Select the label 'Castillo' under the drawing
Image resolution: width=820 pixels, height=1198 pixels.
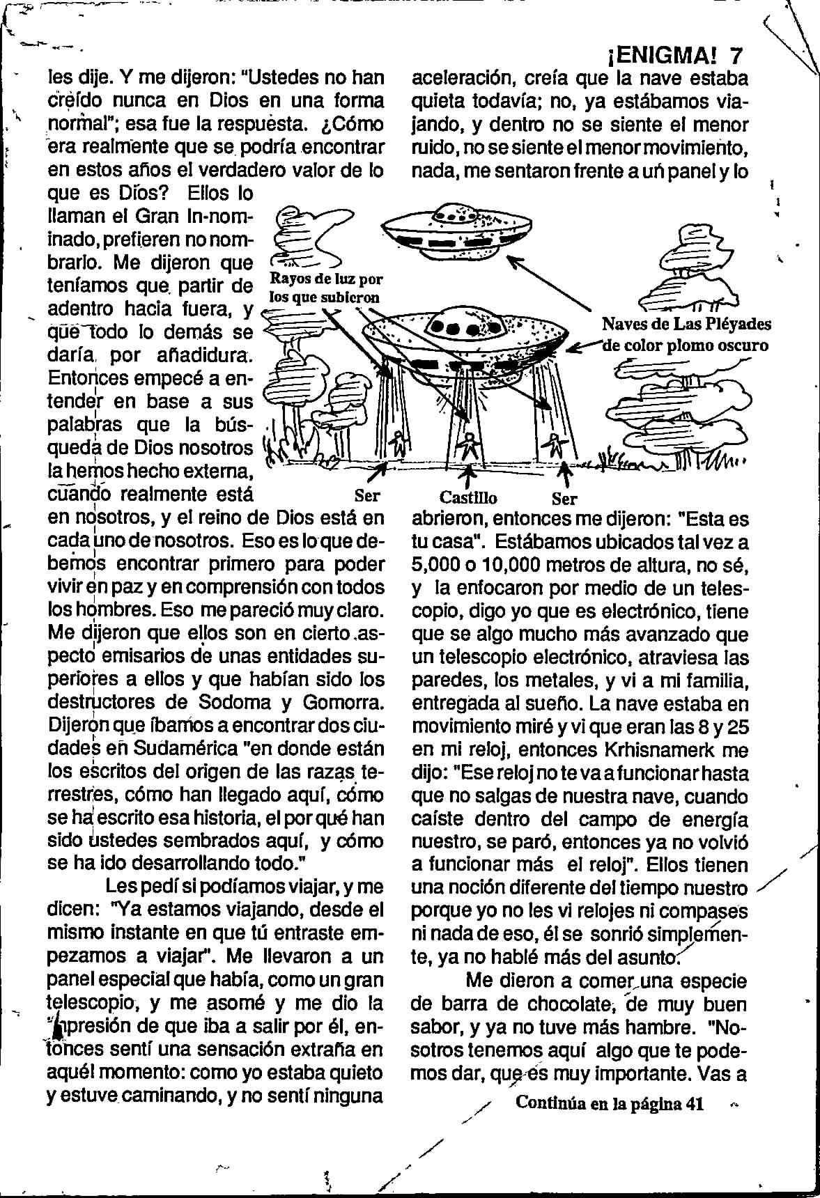[x=468, y=499]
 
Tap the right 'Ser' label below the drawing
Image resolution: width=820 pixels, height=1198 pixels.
[x=564, y=499]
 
